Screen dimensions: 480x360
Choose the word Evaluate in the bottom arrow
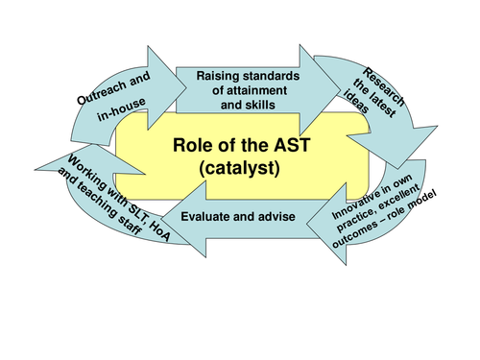[x=209, y=217]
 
